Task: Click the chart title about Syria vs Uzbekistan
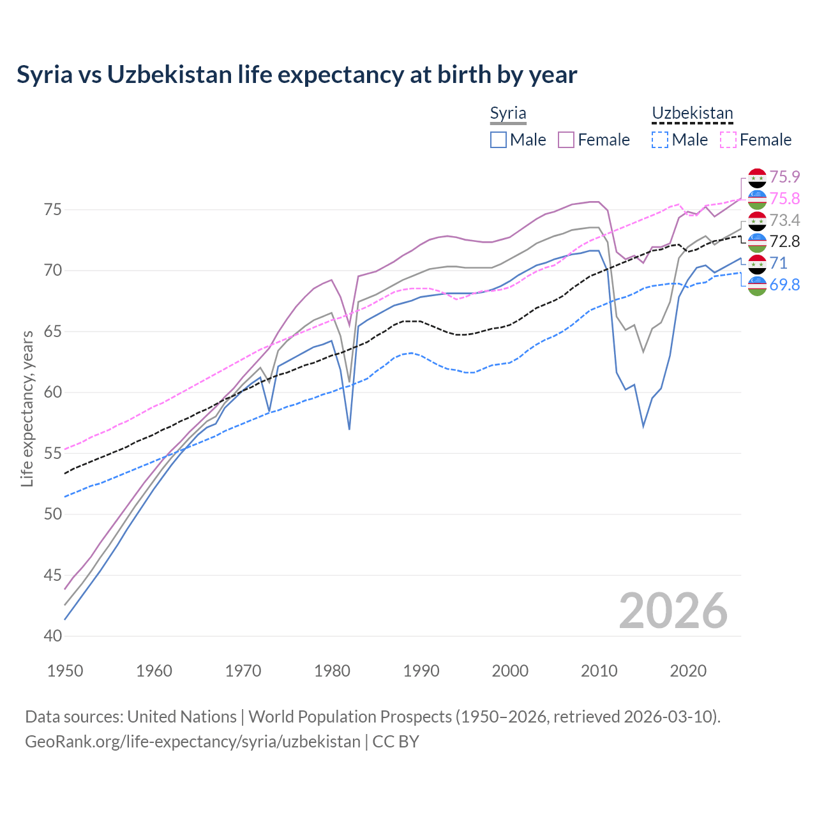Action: [x=297, y=75]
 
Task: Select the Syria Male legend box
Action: [x=498, y=140]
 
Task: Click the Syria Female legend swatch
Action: [x=566, y=140]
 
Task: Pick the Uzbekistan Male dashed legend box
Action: [x=660, y=140]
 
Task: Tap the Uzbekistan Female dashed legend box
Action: [x=728, y=140]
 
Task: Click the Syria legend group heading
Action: [x=508, y=114]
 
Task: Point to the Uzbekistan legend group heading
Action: [x=693, y=114]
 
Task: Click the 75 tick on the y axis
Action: [x=53, y=210]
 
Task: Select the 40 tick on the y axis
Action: [x=53, y=636]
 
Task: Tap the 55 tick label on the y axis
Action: [x=53, y=454]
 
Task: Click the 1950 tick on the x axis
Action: [x=65, y=671]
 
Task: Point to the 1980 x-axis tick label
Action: [x=332, y=671]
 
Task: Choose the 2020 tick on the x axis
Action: [x=688, y=671]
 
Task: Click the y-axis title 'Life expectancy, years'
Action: [x=27, y=408]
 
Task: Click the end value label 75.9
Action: [x=784, y=177]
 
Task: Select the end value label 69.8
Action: [x=784, y=285]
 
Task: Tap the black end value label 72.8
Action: [x=784, y=241]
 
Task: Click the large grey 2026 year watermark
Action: [x=673, y=611]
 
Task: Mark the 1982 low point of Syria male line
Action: [x=349, y=429]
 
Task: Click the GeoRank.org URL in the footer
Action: [x=193, y=742]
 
